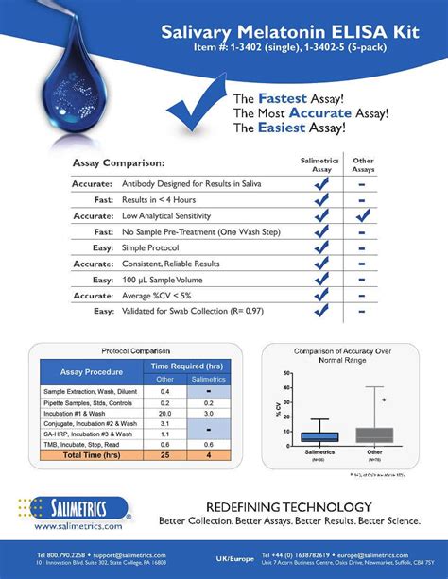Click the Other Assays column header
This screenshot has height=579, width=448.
coord(363,164)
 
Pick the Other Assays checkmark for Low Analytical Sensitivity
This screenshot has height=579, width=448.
coord(362,215)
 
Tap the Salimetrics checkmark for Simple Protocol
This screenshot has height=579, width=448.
coord(321,247)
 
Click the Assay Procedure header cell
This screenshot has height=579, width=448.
coord(91,372)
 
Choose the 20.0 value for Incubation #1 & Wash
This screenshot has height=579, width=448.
coord(164,414)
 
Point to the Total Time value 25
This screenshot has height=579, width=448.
coord(164,456)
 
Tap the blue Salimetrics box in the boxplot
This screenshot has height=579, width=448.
coord(319,436)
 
